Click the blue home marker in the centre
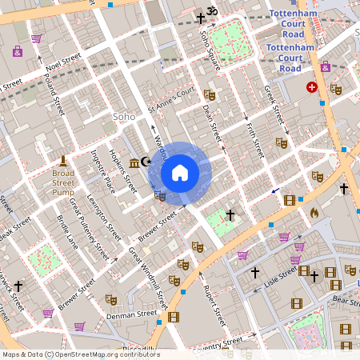tap(180, 172)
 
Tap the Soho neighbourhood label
tap(123, 117)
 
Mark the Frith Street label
tap(254, 138)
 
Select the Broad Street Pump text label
tap(63, 182)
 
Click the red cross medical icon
tap(311, 87)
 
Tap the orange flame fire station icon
tap(314, 214)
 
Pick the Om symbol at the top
tap(212, 11)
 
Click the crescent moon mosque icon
tap(146, 162)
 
